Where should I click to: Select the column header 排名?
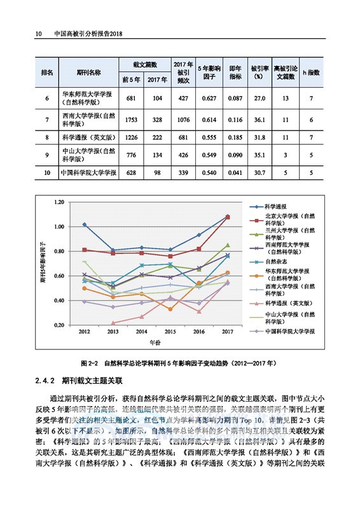coord(46,72)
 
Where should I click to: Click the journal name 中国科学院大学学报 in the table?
coord(88,173)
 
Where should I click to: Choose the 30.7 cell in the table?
coord(259,173)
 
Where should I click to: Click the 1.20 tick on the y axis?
coord(60,202)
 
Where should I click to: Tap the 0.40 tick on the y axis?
coord(60,300)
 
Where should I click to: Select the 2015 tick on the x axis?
coord(170,332)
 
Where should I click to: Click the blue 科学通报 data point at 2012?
coord(85,225)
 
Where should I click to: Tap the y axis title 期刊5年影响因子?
coord(43,262)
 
